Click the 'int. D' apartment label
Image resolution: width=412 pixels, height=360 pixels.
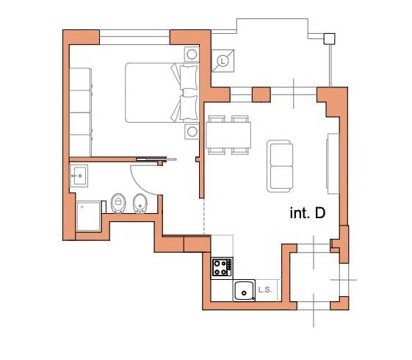(308, 213)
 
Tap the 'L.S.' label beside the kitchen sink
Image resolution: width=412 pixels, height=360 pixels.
(265, 290)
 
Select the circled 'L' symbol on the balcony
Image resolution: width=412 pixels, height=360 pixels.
(223, 61)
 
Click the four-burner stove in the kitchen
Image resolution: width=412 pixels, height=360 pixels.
(223, 267)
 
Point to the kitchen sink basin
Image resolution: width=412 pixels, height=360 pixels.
(245, 290)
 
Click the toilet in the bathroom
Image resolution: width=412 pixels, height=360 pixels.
(118, 203)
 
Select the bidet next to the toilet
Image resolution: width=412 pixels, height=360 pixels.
(140, 204)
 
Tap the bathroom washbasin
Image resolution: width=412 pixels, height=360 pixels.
(79, 176)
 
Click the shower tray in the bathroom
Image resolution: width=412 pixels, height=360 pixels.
(88, 216)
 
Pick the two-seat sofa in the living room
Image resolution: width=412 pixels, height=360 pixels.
(281, 166)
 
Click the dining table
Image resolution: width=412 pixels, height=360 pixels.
(228, 135)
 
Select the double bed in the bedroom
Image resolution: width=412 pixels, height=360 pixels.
(162, 93)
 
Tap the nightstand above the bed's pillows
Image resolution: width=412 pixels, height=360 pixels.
(192, 54)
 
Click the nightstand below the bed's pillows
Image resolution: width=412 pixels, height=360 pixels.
(192, 132)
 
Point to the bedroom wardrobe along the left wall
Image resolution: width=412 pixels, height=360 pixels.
(80, 112)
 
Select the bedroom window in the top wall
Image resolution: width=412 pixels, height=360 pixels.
(134, 37)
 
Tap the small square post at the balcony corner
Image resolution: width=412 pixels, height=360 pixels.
(329, 39)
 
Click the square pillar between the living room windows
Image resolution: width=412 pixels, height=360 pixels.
(261, 95)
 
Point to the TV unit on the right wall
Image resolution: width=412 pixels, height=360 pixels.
(333, 163)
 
